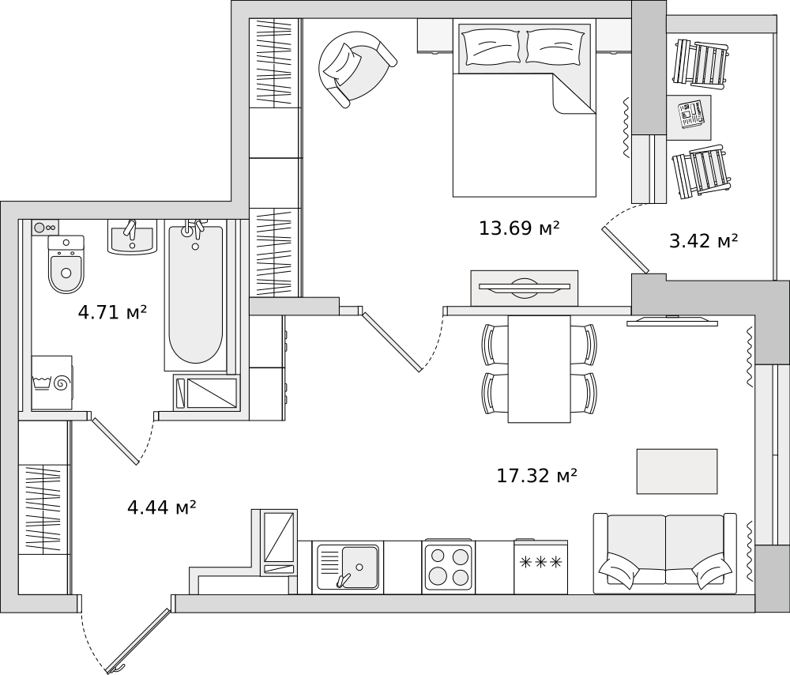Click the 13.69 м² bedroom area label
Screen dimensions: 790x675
519,228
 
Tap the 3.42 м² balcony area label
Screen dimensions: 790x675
703,241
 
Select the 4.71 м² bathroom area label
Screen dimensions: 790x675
112,312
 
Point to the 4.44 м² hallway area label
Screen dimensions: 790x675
161,507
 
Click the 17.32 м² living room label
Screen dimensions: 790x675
536,475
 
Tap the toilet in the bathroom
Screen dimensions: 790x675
66,264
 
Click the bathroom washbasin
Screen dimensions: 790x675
132,238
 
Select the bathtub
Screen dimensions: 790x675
195,295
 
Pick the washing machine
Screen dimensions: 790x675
52,383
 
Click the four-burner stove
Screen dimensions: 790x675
449,566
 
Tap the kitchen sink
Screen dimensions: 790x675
348,568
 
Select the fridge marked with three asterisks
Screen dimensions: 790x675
540,566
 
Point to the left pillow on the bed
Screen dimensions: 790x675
492,47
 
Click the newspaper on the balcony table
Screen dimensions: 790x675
692,115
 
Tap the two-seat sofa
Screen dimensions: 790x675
665,553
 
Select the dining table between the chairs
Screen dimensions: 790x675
539,369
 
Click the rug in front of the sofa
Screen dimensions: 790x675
677,471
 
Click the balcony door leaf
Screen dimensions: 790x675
625,250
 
